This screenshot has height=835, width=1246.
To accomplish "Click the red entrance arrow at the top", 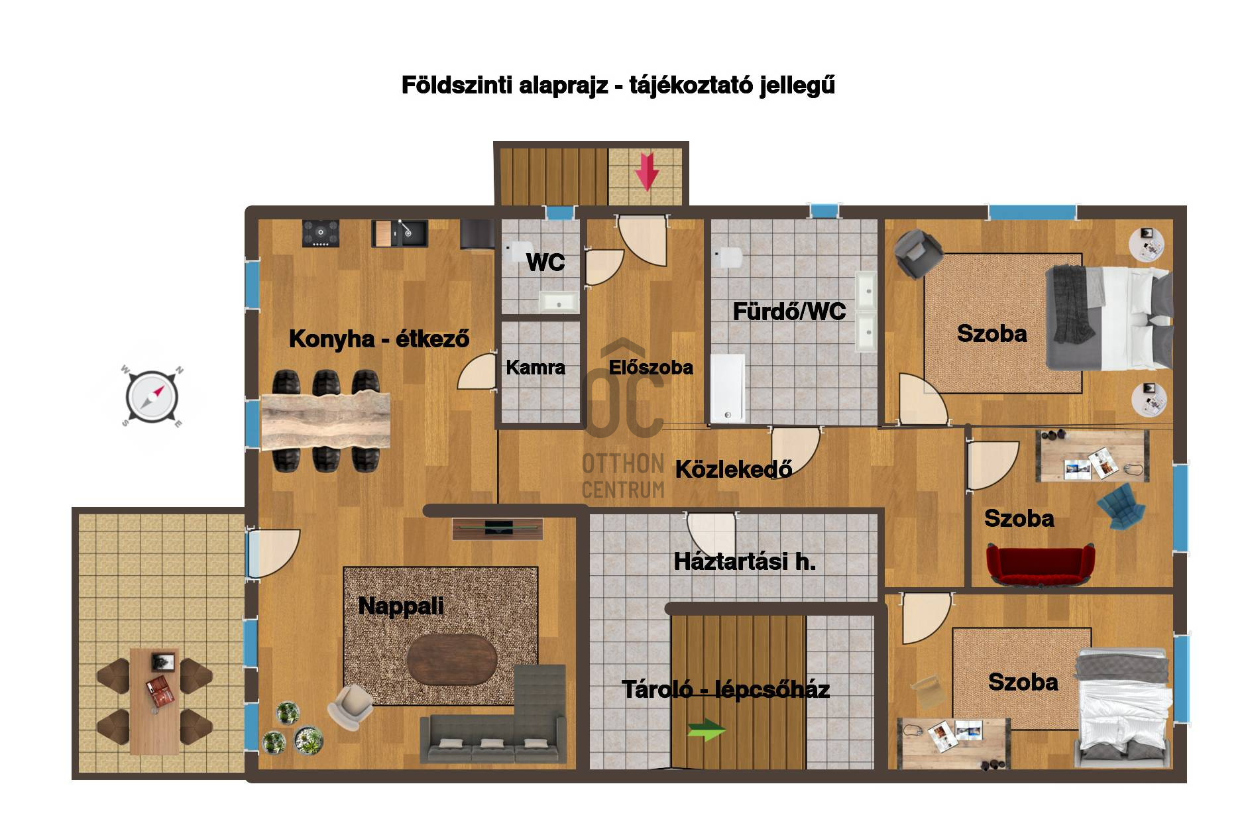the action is pyautogui.click(x=647, y=172).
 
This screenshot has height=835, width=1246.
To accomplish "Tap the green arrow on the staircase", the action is pyautogui.click(x=707, y=730).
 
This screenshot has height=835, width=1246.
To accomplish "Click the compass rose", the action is pyautogui.click(x=152, y=397).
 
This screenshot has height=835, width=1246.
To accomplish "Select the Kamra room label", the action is pyautogui.click(x=536, y=367).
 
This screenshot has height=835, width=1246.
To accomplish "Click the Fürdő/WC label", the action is pyautogui.click(x=789, y=311).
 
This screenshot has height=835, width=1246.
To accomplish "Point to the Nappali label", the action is pyautogui.click(x=401, y=606).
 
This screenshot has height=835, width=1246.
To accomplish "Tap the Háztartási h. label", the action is pyautogui.click(x=744, y=562).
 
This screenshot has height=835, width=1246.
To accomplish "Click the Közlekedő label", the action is pyautogui.click(x=734, y=469).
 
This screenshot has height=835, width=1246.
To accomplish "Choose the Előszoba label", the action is pyautogui.click(x=651, y=367).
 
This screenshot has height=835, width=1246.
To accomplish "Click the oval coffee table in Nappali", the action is pyautogui.click(x=451, y=660).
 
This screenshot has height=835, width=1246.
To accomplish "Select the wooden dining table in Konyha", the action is pyautogui.click(x=325, y=421).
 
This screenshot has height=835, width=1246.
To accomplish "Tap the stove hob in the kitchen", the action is pyautogui.click(x=321, y=233).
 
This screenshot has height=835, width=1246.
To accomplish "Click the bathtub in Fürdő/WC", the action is pyautogui.click(x=728, y=388).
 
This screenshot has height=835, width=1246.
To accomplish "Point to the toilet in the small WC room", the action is pyautogui.click(x=516, y=251).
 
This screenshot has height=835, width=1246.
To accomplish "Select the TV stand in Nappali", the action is pyautogui.click(x=498, y=528).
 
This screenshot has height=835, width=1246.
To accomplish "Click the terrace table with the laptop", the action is pyautogui.click(x=154, y=701).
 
